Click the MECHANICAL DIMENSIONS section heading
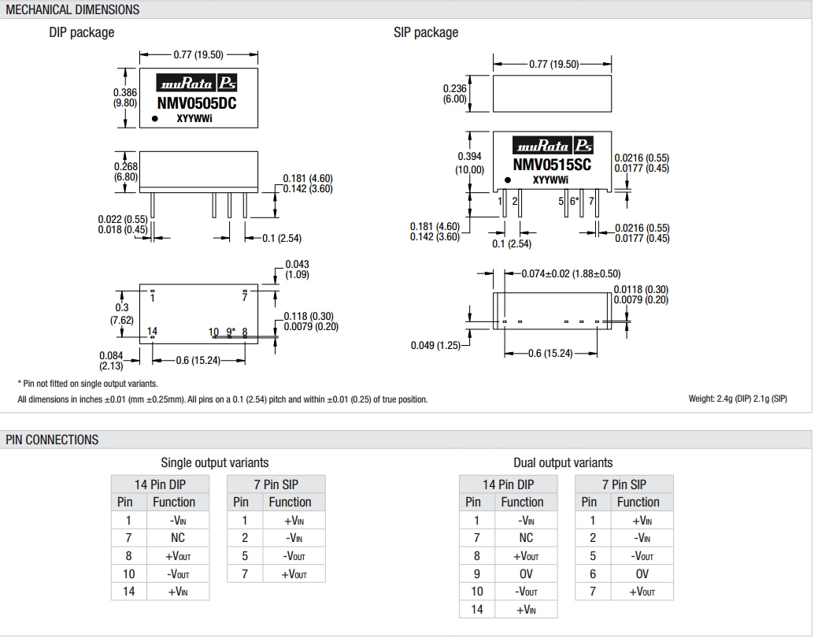(72, 9)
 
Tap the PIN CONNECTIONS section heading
(53, 440)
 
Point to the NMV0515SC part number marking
(552, 165)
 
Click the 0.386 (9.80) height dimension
(125, 98)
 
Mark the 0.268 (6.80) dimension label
(126, 172)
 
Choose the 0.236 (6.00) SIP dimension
(455, 94)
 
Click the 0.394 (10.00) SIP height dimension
(470, 163)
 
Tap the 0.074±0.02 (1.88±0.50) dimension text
(572, 273)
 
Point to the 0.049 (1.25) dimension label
(435, 345)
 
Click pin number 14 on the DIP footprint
(153, 331)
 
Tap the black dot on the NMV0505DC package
(155, 119)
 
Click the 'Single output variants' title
(215, 462)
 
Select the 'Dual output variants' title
(563, 462)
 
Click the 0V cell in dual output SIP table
(642, 574)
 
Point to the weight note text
(738, 399)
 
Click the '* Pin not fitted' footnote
(76, 384)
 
